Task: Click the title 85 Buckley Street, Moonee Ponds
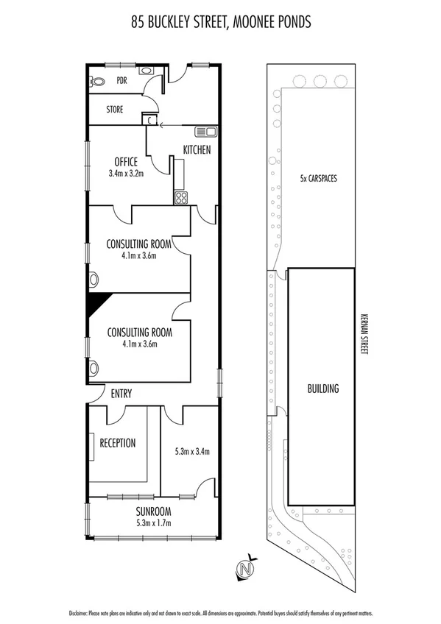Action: pyautogui.click(x=220, y=23)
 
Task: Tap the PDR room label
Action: pyautogui.click(x=121, y=82)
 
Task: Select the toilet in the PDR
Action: pyautogui.click(x=94, y=82)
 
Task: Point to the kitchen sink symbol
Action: pyautogui.click(x=205, y=132)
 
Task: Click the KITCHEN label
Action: pyautogui.click(x=197, y=150)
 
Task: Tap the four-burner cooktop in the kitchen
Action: pyautogui.click(x=180, y=196)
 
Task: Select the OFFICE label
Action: pyautogui.click(x=126, y=162)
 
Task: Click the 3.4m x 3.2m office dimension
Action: pyautogui.click(x=126, y=174)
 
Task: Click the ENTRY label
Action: pyautogui.click(x=121, y=394)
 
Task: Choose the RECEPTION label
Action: pyautogui.click(x=117, y=443)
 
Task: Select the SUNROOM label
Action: pyautogui.click(x=153, y=511)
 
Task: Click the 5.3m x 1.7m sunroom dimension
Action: pyautogui.click(x=153, y=524)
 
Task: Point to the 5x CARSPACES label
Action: pyautogui.click(x=318, y=178)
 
